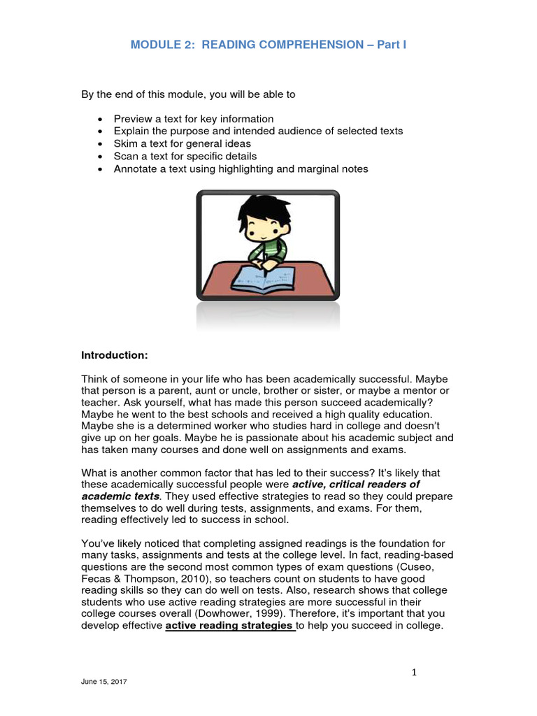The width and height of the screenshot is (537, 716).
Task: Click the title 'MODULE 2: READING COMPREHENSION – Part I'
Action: coord(268,45)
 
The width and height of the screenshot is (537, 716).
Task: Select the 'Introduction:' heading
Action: coord(115,355)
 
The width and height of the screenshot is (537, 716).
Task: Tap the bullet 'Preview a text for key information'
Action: coord(194,119)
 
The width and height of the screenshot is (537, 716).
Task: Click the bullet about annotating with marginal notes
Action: coord(241,169)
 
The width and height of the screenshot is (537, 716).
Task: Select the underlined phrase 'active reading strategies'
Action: coord(230,626)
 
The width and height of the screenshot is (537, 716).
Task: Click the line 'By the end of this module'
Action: coord(189,94)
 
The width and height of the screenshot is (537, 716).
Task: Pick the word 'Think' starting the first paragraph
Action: coord(95,378)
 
